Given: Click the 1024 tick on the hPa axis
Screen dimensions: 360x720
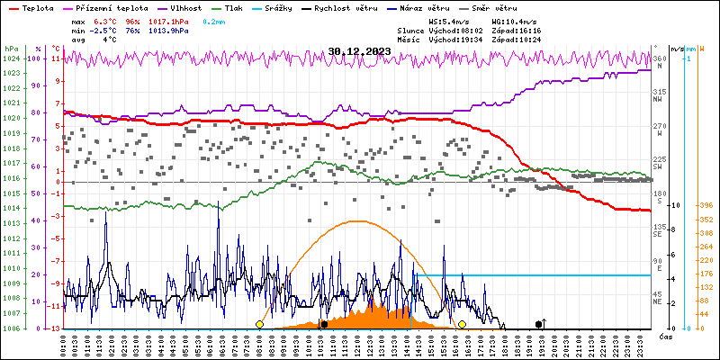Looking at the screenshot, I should (11, 58).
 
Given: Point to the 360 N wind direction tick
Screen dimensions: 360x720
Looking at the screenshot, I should (659, 61).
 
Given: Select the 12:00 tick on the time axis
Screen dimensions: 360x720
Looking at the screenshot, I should (358, 344).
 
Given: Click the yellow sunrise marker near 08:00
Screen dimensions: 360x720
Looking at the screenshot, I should (259, 324).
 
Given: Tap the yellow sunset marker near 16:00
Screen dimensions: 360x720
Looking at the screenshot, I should (462, 324).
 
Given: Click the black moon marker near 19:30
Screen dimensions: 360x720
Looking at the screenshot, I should (539, 324).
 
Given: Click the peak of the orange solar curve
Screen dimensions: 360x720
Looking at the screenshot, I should (358, 220).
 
